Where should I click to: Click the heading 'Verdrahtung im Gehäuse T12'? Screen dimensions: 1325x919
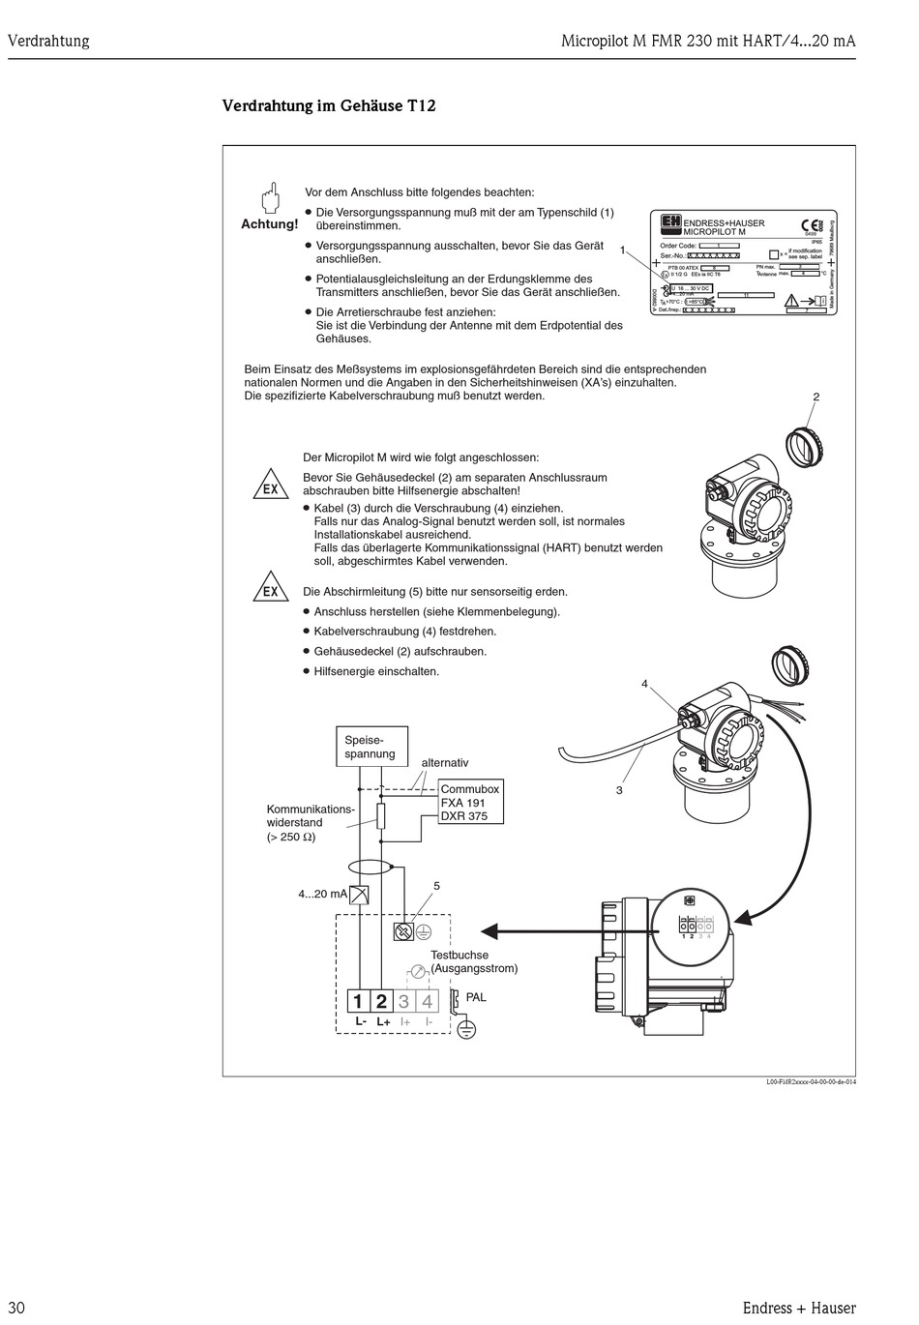point(329,105)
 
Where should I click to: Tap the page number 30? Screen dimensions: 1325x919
point(16,1308)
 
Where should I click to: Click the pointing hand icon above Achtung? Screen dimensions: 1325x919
point(270,196)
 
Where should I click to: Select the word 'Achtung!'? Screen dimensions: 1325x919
point(269,224)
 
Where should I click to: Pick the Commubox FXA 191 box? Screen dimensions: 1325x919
point(471,802)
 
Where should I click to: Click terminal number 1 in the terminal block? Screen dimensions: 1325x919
point(358,1002)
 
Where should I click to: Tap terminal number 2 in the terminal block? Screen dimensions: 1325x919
point(381,1002)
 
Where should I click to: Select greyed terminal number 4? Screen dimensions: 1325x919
point(427,1002)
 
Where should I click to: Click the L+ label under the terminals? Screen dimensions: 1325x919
point(383,1022)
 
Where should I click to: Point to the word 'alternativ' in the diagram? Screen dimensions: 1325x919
point(445,763)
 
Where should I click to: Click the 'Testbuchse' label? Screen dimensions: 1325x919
point(459,955)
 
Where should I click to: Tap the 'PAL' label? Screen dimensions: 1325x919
point(476,997)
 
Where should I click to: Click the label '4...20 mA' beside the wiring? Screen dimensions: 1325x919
point(322,895)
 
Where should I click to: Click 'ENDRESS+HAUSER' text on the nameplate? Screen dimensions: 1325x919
point(724,223)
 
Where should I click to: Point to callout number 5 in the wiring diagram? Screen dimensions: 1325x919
point(436,886)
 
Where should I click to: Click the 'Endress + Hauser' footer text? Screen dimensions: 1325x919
point(799,1308)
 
